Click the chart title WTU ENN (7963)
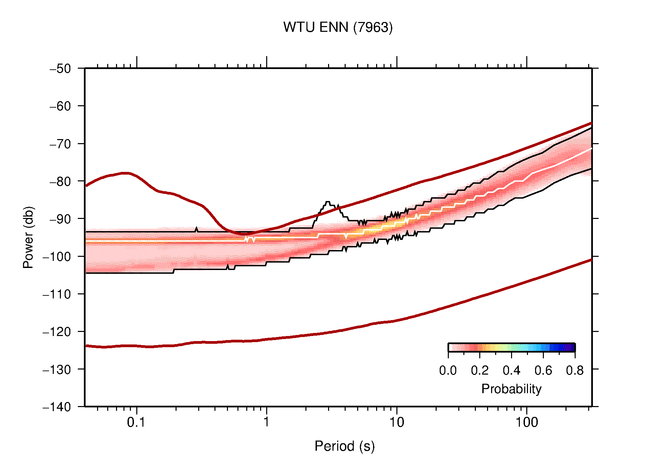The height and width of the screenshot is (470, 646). (338, 27)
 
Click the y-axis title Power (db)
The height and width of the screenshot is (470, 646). (28, 237)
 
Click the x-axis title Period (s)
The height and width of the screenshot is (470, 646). (344, 446)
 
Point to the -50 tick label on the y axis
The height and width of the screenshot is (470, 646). (61, 69)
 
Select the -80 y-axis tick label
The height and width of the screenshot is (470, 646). (61, 181)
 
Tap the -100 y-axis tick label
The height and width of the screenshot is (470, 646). (57, 256)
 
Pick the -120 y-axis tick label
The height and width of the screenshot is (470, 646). (57, 332)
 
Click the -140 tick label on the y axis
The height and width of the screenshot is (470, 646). (57, 407)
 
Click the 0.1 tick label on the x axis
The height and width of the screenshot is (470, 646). (136, 423)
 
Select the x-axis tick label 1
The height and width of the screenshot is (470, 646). (267, 423)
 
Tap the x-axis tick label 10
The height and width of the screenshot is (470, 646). (396, 423)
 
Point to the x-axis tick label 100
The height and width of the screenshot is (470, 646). (526, 423)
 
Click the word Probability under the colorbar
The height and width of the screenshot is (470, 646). (511, 389)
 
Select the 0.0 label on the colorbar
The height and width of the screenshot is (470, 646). (448, 371)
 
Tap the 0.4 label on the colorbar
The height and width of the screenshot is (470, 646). (511, 371)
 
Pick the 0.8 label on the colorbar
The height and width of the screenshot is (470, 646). (575, 371)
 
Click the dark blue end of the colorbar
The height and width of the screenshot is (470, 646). (572, 348)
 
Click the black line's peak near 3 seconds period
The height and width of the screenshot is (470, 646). (327, 202)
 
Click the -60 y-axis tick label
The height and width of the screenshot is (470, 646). (61, 106)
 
